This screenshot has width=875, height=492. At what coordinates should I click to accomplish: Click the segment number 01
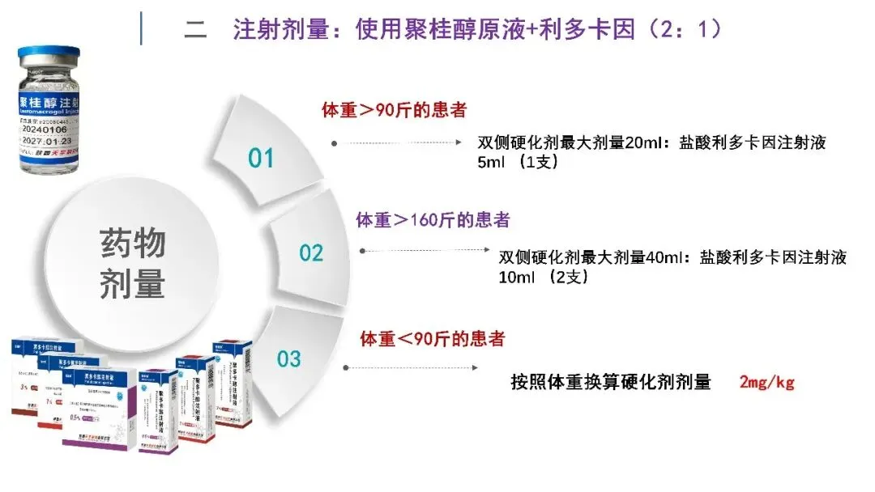pyautogui.click(x=261, y=157)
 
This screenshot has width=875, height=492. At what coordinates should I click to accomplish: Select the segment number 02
pyautogui.click(x=311, y=253)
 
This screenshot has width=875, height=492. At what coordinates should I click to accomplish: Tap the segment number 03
pyautogui.click(x=288, y=358)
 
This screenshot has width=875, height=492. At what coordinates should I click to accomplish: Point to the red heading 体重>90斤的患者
pyautogui.click(x=395, y=110)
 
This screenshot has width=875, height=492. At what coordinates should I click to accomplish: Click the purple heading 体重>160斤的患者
pyautogui.click(x=433, y=219)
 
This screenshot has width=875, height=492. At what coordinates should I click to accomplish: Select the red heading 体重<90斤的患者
pyautogui.click(x=432, y=338)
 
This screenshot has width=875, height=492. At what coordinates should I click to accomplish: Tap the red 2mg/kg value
pyautogui.click(x=766, y=382)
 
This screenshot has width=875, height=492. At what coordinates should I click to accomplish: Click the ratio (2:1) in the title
pyautogui.click(x=681, y=30)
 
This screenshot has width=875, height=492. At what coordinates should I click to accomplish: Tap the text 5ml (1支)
pyautogui.click(x=519, y=161)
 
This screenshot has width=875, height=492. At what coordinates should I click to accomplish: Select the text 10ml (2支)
pyautogui.click(x=543, y=276)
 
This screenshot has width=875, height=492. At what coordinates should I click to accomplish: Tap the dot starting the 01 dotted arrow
pyautogui.click(x=334, y=143)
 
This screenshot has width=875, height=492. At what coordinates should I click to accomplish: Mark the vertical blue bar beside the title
pyautogui.click(x=143, y=28)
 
